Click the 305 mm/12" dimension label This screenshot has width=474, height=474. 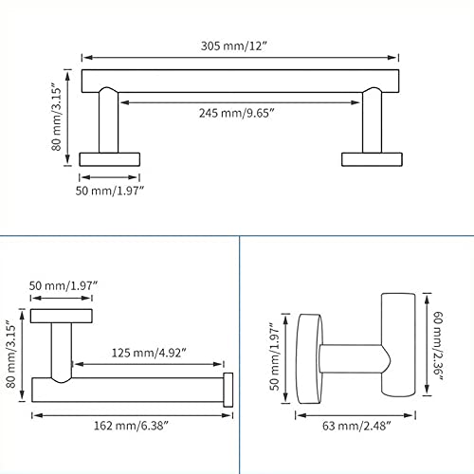coord(234,46)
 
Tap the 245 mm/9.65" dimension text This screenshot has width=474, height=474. coord(236,113)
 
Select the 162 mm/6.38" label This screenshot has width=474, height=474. coord(131,426)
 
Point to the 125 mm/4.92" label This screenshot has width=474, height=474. coord(149,353)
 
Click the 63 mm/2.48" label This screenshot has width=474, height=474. coord(356,426)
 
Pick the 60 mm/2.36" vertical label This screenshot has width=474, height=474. coord(438,346)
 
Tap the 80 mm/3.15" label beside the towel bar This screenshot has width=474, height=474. coord(57,117)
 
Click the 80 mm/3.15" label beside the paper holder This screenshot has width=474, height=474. coord(11,354)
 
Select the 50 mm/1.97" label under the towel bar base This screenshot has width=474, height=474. coord(110,191)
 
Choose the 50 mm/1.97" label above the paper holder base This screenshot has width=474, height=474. coord(64,285)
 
